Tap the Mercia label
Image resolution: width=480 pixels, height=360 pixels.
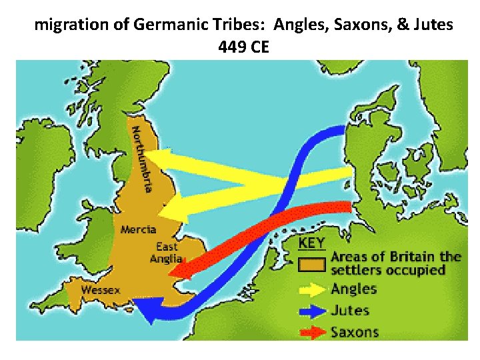click(x=138, y=230)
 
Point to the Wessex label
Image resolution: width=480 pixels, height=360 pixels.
click(x=101, y=290)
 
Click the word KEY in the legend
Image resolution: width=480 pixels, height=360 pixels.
click(x=312, y=243)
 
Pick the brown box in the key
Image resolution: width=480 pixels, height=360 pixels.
click(x=312, y=264)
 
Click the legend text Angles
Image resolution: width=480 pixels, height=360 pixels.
click(x=354, y=289)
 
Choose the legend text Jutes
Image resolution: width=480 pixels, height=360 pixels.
click(x=350, y=310)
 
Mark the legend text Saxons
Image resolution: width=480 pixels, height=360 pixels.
click(x=355, y=331)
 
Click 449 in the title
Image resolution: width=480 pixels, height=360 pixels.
click(x=230, y=47)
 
